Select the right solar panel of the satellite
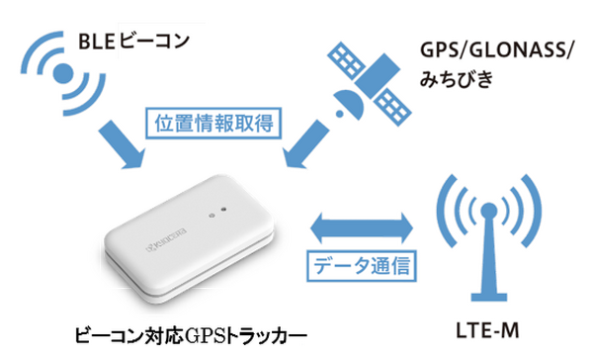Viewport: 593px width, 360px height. (x=392, y=104)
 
